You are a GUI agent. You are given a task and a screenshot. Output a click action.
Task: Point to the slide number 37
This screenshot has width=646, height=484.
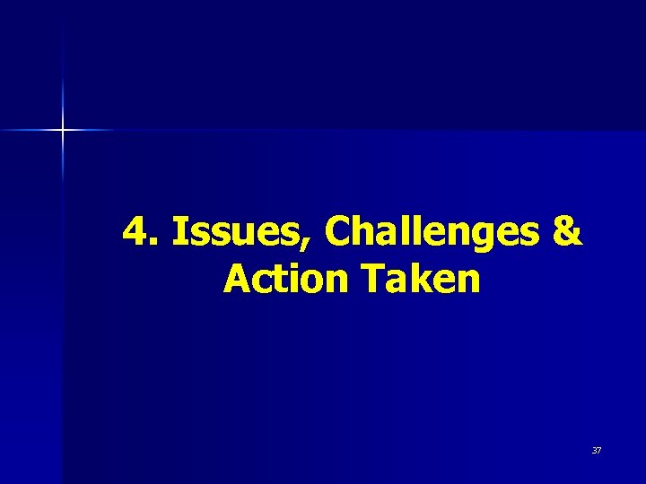click(596, 450)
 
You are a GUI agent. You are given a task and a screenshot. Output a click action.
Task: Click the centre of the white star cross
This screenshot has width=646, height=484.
click(63, 131)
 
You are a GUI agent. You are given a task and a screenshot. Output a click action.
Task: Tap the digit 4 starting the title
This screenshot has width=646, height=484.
click(135, 232)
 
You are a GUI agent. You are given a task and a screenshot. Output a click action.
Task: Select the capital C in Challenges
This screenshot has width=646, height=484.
click(338, 232)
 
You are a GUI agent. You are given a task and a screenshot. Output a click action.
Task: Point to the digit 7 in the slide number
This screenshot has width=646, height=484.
click(598, 450)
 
